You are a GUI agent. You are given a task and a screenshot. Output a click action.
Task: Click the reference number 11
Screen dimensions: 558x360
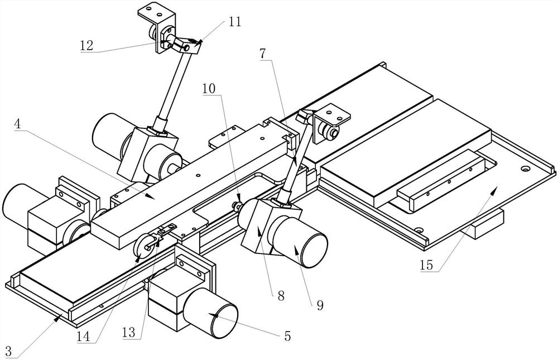coord(234,22)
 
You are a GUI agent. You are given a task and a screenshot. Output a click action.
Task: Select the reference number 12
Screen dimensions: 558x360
coord(86,45)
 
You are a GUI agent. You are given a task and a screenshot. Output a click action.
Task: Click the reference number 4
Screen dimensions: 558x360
coord(18,124)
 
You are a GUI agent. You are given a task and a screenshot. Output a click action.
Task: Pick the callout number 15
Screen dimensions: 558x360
coord(426,265)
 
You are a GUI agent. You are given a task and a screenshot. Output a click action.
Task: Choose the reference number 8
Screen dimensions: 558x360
coord(281,296)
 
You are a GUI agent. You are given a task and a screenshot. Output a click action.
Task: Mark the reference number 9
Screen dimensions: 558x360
coord(320,305)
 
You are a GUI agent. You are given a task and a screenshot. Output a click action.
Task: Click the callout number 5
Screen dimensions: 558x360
coord(287,336)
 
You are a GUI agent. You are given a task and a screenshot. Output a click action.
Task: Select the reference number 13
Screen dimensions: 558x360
coord(129,332)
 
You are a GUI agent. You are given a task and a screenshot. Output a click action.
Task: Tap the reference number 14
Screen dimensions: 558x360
coord(83,337)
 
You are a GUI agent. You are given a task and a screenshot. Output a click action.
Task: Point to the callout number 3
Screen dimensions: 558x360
coord(8,352)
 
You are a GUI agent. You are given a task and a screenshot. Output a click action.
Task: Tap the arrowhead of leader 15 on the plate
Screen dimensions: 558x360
coord(494,190)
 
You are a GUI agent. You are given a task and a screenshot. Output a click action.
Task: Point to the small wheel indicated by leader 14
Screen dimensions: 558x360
coord(143,246)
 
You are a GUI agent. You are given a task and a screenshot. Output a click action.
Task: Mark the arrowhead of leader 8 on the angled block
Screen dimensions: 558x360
coord(259,229)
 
